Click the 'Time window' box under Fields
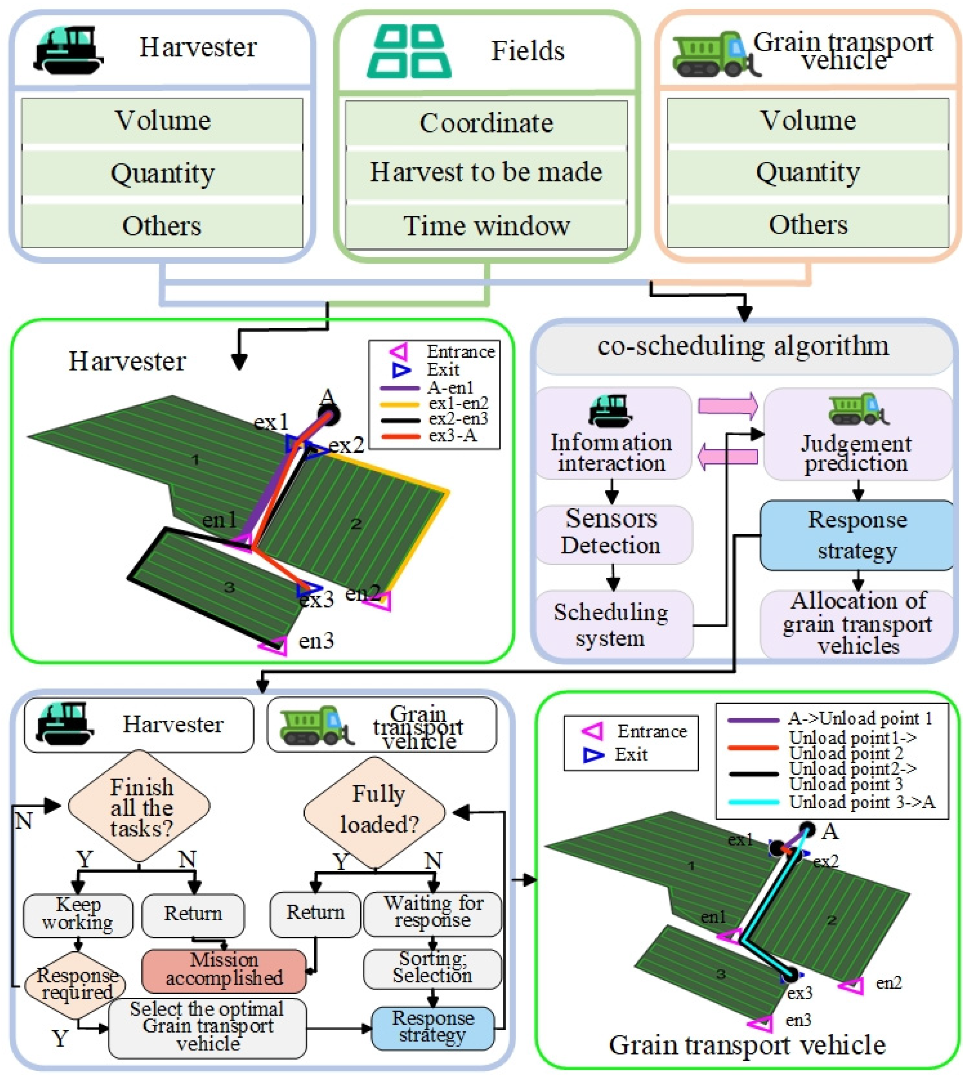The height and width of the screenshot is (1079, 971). point(486,225)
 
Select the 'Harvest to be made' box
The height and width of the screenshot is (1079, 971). point(486,172)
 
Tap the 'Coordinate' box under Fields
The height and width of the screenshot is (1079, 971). point(486,123)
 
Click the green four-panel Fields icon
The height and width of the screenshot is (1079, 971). point(409,52)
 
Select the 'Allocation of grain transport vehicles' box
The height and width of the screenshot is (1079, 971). point(857,624)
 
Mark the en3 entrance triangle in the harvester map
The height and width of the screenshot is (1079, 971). point(274,646)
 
